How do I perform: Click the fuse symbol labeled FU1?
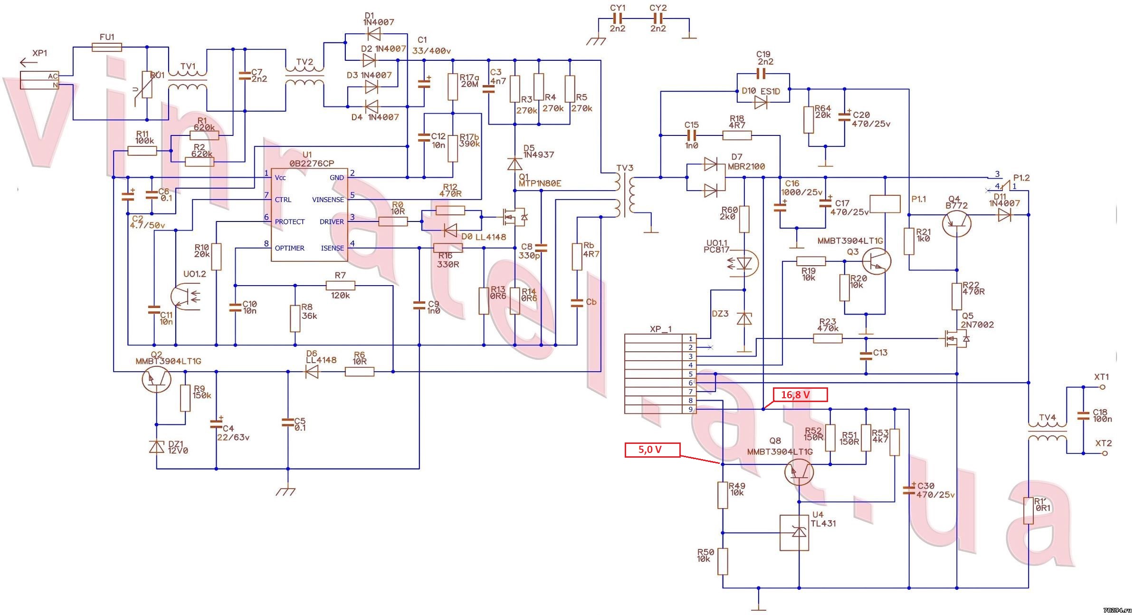tap(106, 47)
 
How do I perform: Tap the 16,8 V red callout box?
tap(800, 395)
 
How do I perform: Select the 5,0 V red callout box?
tap(652, 450)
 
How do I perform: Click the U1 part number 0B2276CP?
tap(312, 163)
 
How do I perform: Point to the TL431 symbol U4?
tap(794, 533)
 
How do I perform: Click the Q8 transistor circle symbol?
tap(799, 472)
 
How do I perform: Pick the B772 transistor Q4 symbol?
tap(956, 223)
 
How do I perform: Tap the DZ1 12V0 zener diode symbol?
tap(157, 447)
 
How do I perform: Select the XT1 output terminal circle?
tap(1103, 387)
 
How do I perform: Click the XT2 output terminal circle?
tap(1105, 453)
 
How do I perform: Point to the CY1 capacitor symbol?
tap(618, 19)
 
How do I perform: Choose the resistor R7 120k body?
tap(340, 286)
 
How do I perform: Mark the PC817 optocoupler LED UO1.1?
tap(744, 263)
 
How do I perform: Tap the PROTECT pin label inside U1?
tap(289, 222)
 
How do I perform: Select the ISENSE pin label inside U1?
tap(332, 248)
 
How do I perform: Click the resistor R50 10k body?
tap(723, 561)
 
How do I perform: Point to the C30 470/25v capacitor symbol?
tap(909, 490)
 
